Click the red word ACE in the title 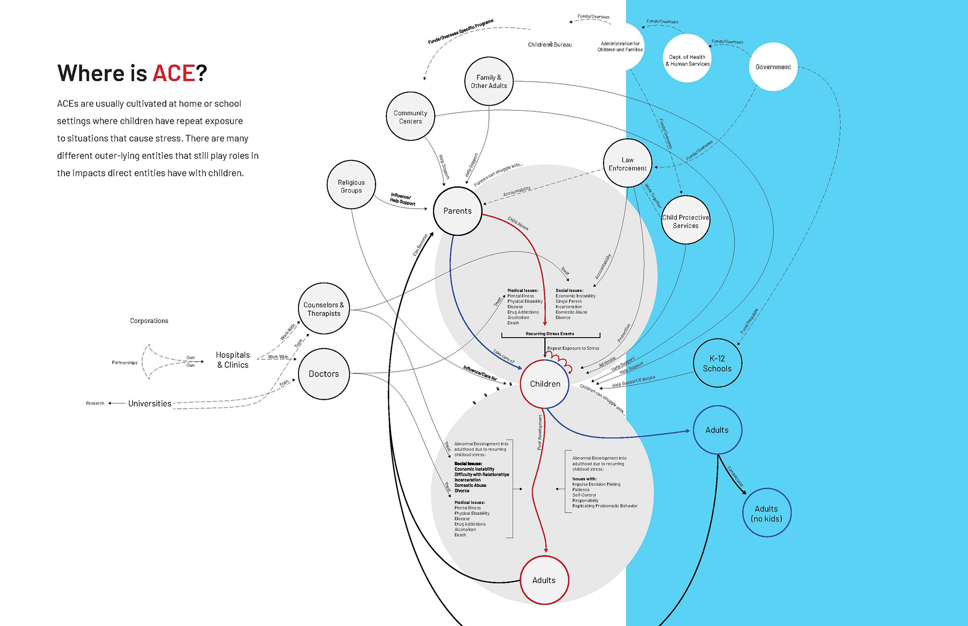click(173, 74)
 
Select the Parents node click(458, 211)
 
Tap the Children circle click(544, 384)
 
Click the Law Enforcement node click(627, 163)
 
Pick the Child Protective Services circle click(686, 221)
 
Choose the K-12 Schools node click(717, 363)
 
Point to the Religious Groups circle click(351, 185)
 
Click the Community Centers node click(410, 116)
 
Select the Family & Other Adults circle click(489, 81)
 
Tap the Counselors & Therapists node click(324, 308)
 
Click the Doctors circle click(324, 373)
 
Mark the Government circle click(773, 67)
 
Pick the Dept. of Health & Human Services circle click(687, 59)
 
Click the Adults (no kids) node click(766, 513)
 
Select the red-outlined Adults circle click(544, 580)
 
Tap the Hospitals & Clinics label click(232, 359)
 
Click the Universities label click(150, 403)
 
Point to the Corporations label click(149, 321)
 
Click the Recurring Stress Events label click(550, 334)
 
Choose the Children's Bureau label click(550, 44)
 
